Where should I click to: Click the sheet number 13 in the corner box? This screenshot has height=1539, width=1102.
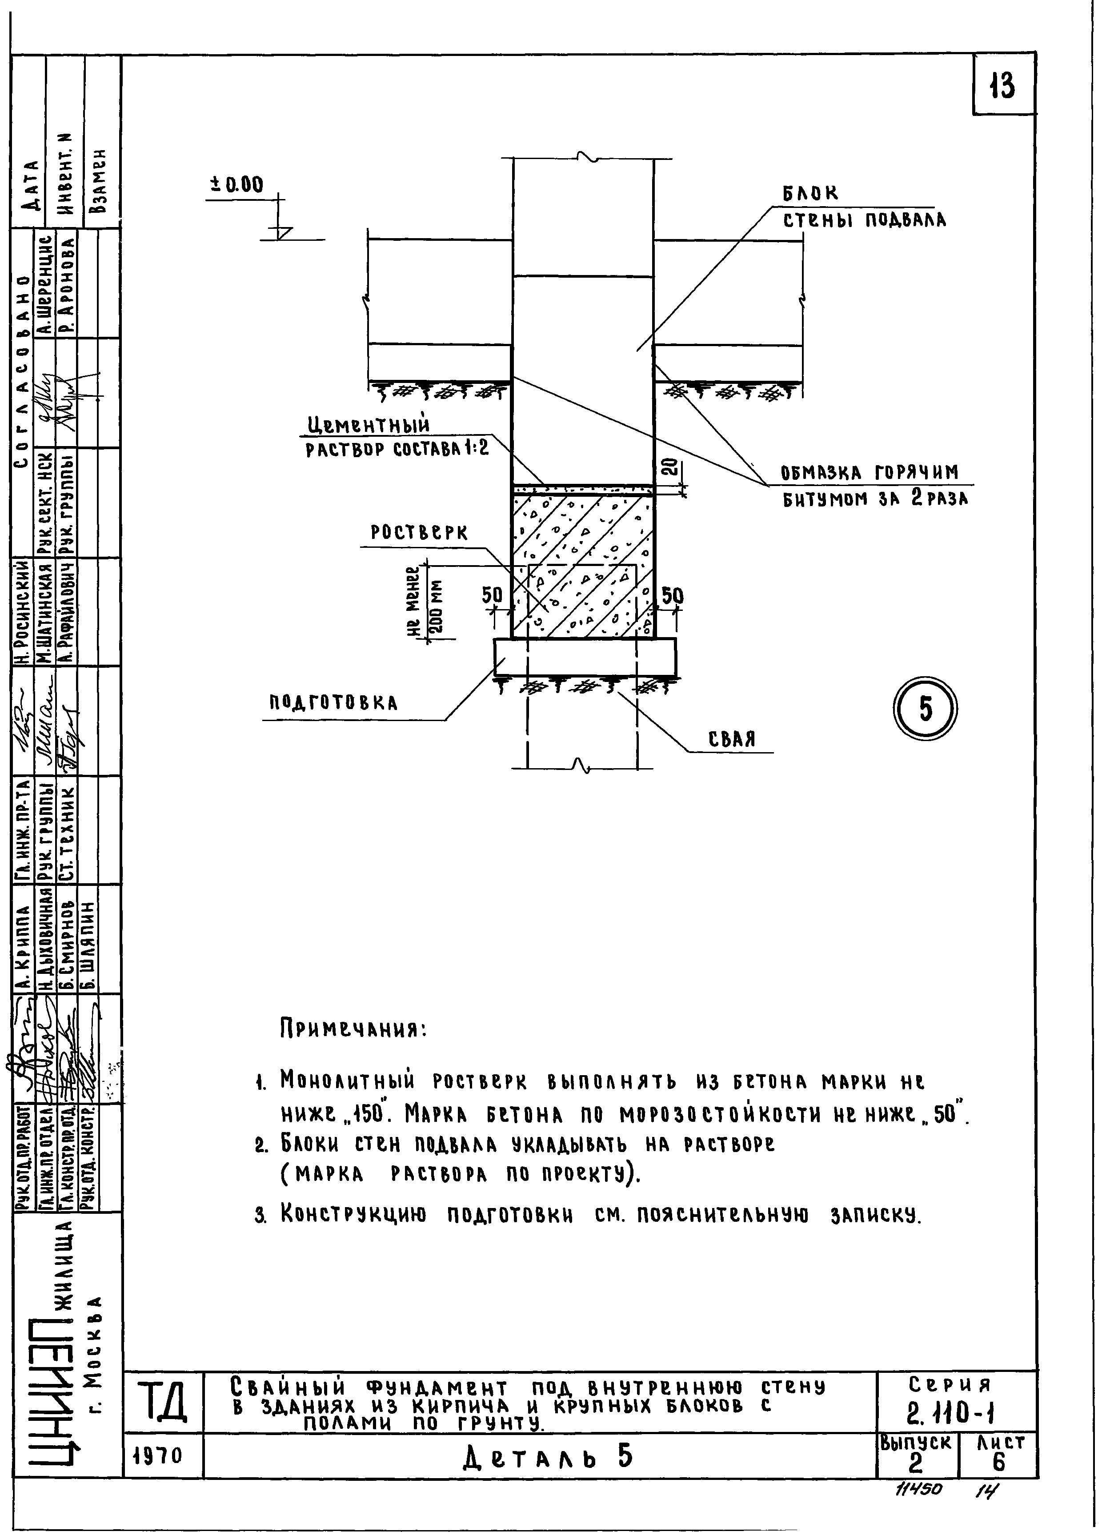pyautogui.click(x=1002, y=86)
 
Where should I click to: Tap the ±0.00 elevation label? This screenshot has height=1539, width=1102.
pyautogui.click(x=237, y=184)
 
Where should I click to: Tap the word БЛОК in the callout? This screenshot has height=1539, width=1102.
pyautogui.click(x=810, y=194)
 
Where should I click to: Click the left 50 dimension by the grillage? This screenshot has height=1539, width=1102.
pyautogui.click(x=492, y=595)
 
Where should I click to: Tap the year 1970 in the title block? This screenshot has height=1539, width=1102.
pyautogui.click(x=163, y=1455)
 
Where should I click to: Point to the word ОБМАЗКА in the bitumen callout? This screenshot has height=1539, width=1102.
pyautogui.click(x=821, y=473)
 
